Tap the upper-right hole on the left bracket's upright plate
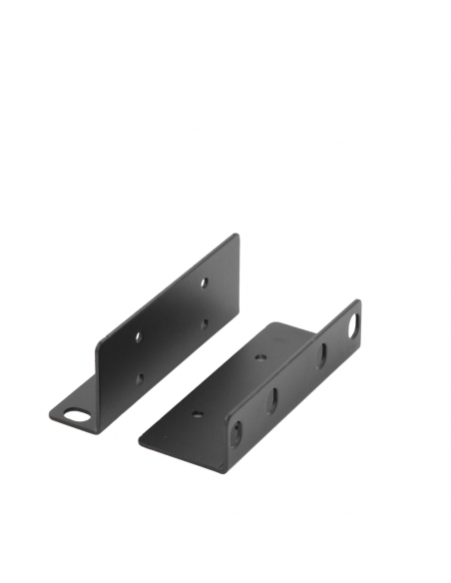pos(204,283)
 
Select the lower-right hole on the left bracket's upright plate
pos(204,322)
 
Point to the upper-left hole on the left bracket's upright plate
pos(139,336)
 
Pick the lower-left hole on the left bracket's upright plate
pos(139,378)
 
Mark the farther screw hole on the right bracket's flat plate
pos(260,356)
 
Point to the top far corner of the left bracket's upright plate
pos(236,236)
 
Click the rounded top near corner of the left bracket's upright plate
pos(99,345)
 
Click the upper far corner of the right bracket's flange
pos(357,301)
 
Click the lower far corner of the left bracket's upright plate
pos(237,300)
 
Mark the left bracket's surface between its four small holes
pos(172,329)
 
